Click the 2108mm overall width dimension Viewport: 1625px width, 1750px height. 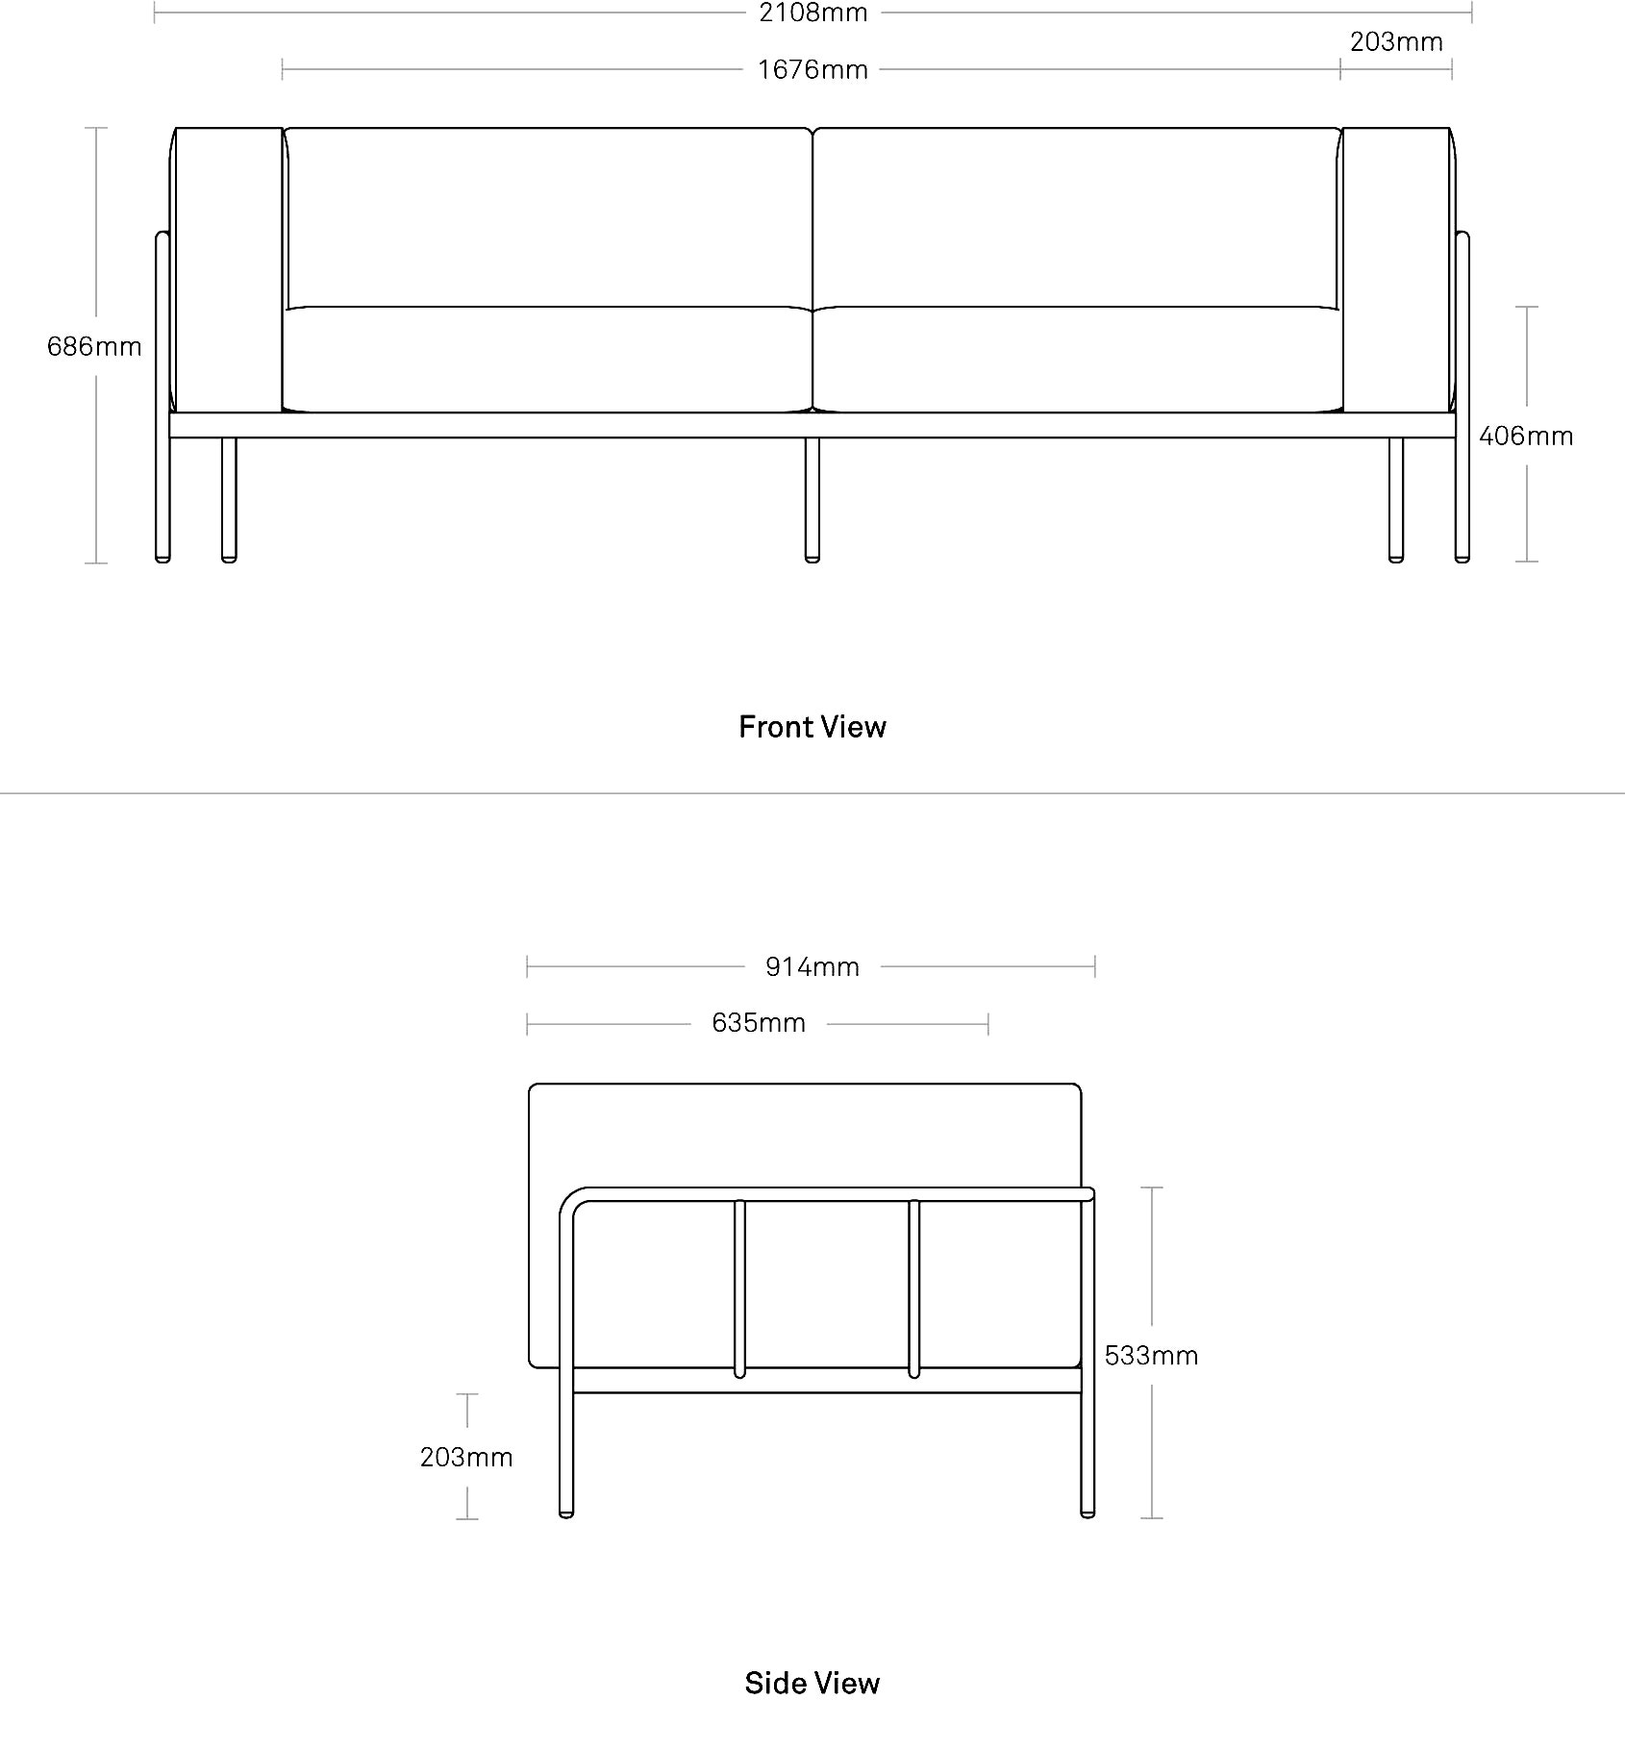pyautogui.click(x=812, y=12)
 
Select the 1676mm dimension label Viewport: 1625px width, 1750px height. pyautogui.click(x=812, y=70)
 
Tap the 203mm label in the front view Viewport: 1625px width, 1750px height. pyautogui.click(x=1396, y=42)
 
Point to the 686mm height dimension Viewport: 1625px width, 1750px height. pyautogui.click(x=94, y=346)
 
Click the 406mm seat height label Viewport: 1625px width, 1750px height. pyautogui.click(x=1526, y=437)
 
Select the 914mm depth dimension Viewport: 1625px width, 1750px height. pyautogui.click(x=812, y=967)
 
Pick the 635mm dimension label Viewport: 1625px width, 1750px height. pyautogui.click(x=759, y=1023)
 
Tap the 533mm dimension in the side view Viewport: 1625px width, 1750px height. pyautogui.click(x=1151, y=1356)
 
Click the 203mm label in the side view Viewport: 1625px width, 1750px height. pyautogui.click(x=466, y=1458)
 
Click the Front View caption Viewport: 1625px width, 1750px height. pyautogui.click(x=812, y=727)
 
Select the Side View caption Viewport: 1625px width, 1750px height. pyautogui.click(x=812, y=1683)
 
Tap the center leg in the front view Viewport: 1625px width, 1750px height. pyautogui.click(x=812, y=500)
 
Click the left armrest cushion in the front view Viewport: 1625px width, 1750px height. pyautogui.click(x=228, y=269)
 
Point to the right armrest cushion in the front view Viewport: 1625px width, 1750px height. pyautogui.click(x=1397, y=269)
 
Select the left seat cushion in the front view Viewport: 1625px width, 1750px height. pyautogui.click(x=547, y=360)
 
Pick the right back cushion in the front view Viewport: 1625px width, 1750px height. pyautogui.click(x=1077, y=218)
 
